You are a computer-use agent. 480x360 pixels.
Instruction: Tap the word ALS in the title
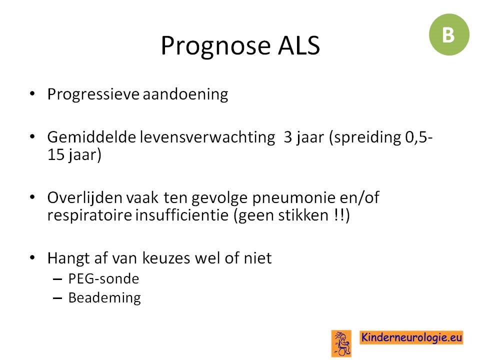point(299,45)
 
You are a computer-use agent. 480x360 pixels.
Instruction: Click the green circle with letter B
point(449,34)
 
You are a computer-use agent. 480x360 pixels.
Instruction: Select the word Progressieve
point(93,94)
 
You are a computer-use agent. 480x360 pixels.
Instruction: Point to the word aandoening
point(185,94)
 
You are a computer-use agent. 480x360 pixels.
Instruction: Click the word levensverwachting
point(207,137)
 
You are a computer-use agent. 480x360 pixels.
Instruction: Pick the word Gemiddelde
point(91,137)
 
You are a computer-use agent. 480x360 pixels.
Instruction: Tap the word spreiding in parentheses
point(367,137)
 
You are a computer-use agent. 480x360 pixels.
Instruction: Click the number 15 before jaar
point(55,154)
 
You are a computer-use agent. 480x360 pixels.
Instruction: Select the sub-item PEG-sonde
point(103,279)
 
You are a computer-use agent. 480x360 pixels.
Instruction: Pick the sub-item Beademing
point(104,298)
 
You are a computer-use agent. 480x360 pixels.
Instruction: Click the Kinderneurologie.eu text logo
point(411,337)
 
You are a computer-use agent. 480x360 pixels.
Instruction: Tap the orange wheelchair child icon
point(341,343)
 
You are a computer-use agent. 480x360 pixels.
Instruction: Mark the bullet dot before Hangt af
point(32,258)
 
